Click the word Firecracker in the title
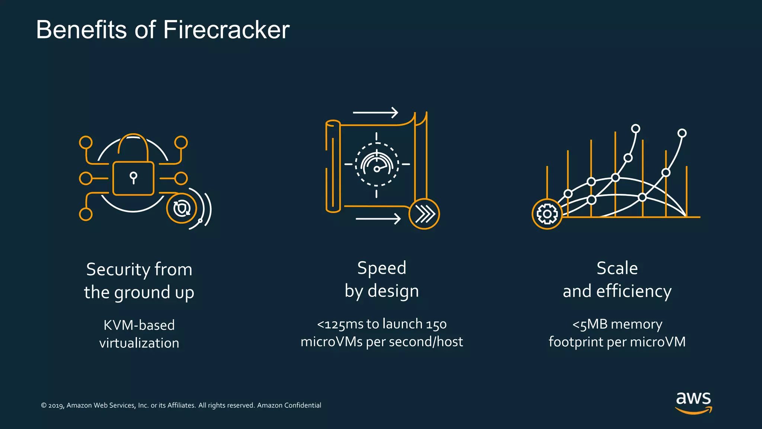[x=226, y=30]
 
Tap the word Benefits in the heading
[x=81, y=30]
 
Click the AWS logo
[x=694, y=402]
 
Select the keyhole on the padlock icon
[x=133, y=177]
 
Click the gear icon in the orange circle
[x=547, y=214]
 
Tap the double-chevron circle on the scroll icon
[x=424, y=214]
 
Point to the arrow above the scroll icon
[x=375, y=112]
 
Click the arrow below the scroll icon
[x=378, y=219]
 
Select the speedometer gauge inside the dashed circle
[x=377, y=164]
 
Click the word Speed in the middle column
[x=382, y=268]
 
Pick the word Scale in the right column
[x=617, y=268]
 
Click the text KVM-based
[x=139, y=325]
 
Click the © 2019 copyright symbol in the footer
[x=44, y=406]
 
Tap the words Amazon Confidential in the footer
[x=289, y=405]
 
